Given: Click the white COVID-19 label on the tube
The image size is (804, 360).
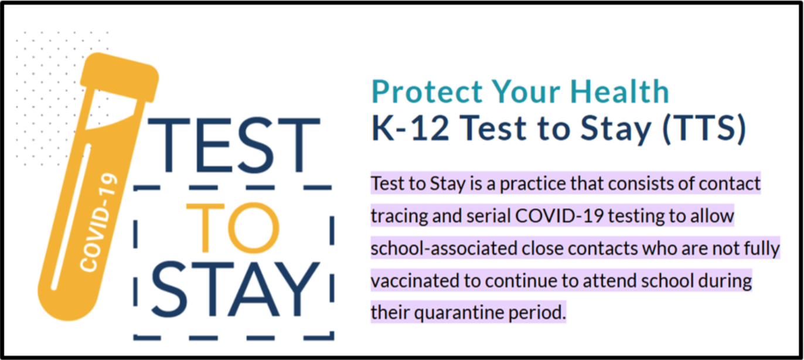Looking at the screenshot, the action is pos(98,222).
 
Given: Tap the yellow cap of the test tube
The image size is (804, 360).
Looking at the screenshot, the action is pos(120,77).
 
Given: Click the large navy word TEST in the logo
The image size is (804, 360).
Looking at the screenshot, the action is pos(234,145).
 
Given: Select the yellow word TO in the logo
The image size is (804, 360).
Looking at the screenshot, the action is pos(233,227).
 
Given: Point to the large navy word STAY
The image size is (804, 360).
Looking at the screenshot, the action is pos(236,290).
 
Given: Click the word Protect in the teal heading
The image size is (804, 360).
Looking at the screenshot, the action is pos(427,91).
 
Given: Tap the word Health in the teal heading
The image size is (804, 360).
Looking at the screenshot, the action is pos(619,91).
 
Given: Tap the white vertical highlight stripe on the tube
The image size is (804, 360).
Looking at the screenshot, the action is pos(71,217).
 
